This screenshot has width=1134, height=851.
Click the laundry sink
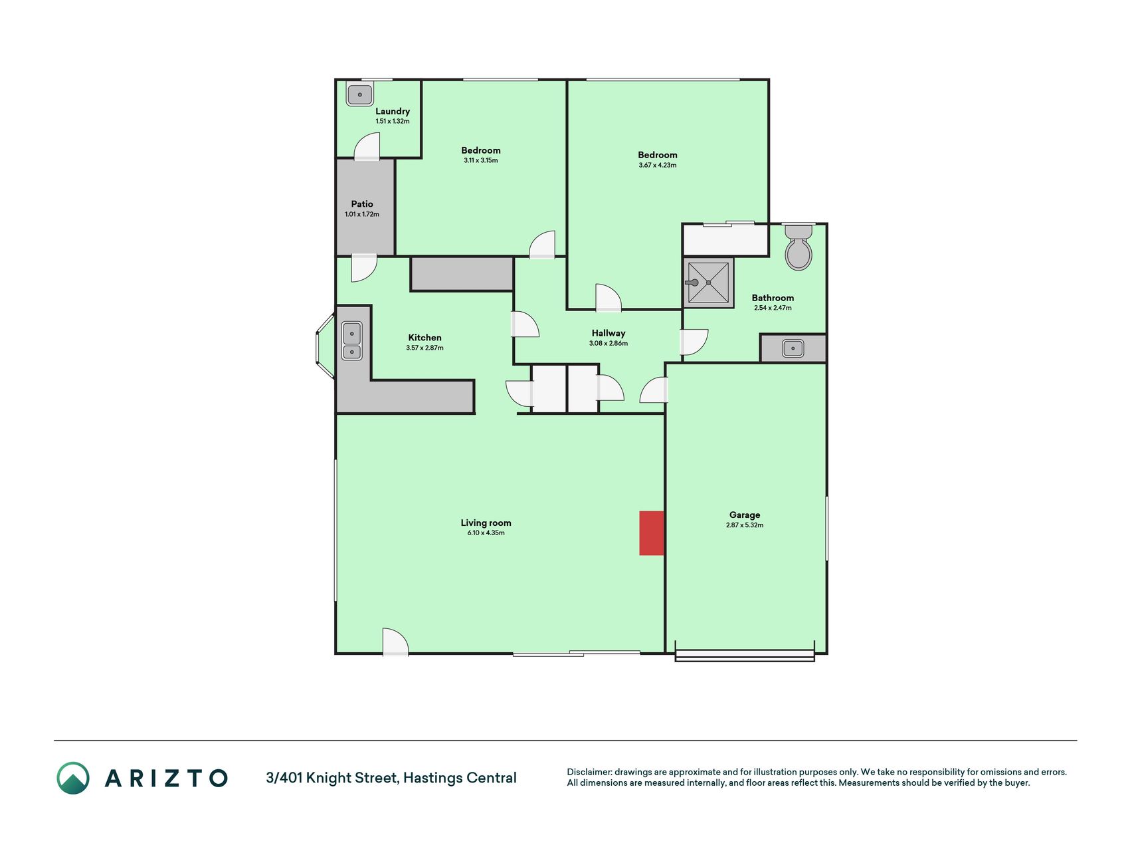tap(359, 94)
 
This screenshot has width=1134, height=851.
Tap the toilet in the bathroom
tap(799, 247)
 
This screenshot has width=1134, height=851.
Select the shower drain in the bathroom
tap(709, 283)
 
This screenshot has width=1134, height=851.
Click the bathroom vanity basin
tap(793, 348)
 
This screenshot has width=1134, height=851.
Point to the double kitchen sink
tap(351, 340)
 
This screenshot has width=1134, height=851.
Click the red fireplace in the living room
tap(652, 533)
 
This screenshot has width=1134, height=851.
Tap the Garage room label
tap(745, 515)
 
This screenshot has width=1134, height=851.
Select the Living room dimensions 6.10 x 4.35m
tap(486, 533)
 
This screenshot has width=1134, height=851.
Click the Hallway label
tap(609, 333)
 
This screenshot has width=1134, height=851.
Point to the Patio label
tap(362, 204)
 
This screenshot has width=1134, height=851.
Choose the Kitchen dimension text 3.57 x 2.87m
tap(425, 348)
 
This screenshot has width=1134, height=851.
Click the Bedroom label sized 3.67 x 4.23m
tap(658, 155)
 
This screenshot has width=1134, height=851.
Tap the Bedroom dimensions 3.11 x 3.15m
tap(481, 160)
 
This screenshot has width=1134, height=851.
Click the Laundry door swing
tap(367, 146)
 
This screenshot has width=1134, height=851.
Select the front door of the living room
tap(395, 642)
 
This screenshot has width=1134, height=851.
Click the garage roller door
tap(745, 656)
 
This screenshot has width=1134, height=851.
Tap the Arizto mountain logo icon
tap(73, 778)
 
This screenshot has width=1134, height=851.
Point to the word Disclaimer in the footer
tap(589, 772)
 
